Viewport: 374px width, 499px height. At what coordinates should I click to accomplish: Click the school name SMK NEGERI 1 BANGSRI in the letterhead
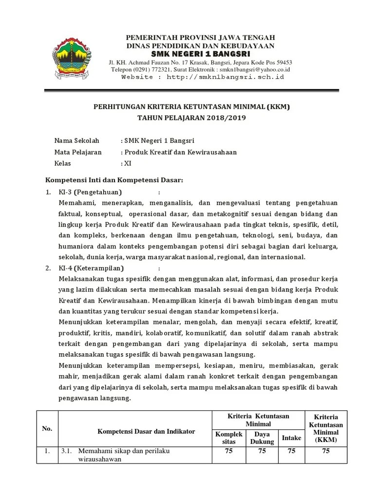[x=200, y=54]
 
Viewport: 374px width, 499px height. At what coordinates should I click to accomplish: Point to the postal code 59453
[x=282, y=62]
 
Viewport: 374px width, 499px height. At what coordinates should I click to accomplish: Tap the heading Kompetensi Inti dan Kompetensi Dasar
[x=114, y=180]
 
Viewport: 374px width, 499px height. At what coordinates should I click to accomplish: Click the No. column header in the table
[x=47, y=428]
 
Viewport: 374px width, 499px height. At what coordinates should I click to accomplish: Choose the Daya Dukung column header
[x=262, y=438]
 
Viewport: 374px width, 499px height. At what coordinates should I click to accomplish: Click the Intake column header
[x=291, y=438]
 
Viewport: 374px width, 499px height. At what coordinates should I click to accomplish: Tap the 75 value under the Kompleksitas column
[x=228, y=451]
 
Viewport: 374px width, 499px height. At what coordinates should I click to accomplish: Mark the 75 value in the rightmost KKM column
[x=326, y=451]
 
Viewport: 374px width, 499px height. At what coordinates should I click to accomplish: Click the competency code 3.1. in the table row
[x=67, y=451]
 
